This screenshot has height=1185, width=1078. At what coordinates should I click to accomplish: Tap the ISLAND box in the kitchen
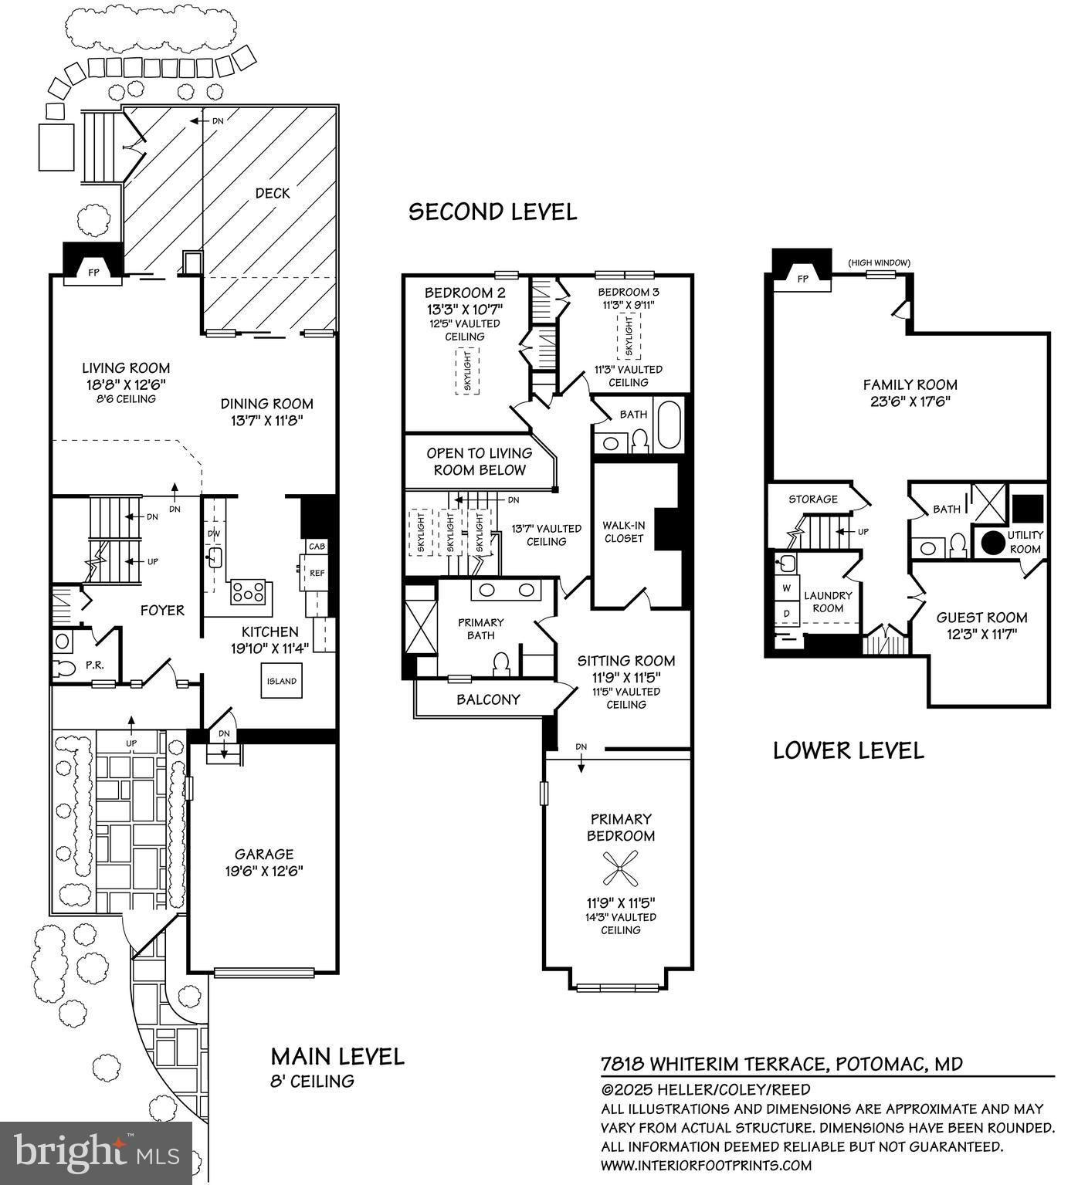pos(282,681)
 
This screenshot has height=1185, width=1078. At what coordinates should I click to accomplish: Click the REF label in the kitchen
pos(317,573)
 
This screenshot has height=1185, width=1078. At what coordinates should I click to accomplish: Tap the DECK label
pos(273,193)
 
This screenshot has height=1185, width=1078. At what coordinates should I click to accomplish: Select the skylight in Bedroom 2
pos(466,371)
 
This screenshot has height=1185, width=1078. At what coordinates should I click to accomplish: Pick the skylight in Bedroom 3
pos(629,336)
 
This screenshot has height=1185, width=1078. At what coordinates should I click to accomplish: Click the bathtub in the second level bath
pos(668,425)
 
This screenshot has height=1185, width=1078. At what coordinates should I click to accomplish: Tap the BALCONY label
pos(488,699)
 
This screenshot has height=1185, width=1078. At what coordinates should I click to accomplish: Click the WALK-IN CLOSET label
pos(623,532)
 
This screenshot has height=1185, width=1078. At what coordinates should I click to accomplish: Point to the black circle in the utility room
pos(993,541)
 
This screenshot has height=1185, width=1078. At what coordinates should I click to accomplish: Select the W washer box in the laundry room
pos(787,588)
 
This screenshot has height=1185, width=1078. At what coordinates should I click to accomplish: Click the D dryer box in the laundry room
pos(787,613)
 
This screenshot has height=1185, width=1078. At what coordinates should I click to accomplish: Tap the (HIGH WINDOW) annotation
pos(879,262)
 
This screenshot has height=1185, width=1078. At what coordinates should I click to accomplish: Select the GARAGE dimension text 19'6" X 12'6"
pos(264,871)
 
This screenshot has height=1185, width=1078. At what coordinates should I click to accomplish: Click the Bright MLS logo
pos(96,1153)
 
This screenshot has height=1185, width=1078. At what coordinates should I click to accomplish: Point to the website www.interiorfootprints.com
pos(706,1165)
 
